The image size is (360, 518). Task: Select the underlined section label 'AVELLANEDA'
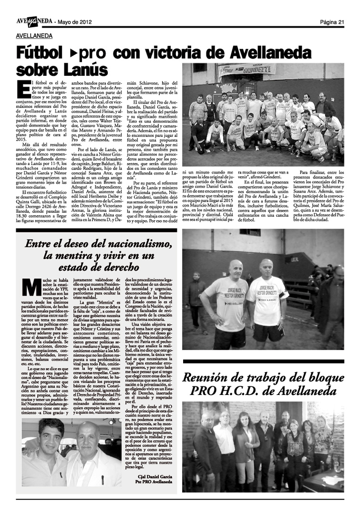tap(34, 36)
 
